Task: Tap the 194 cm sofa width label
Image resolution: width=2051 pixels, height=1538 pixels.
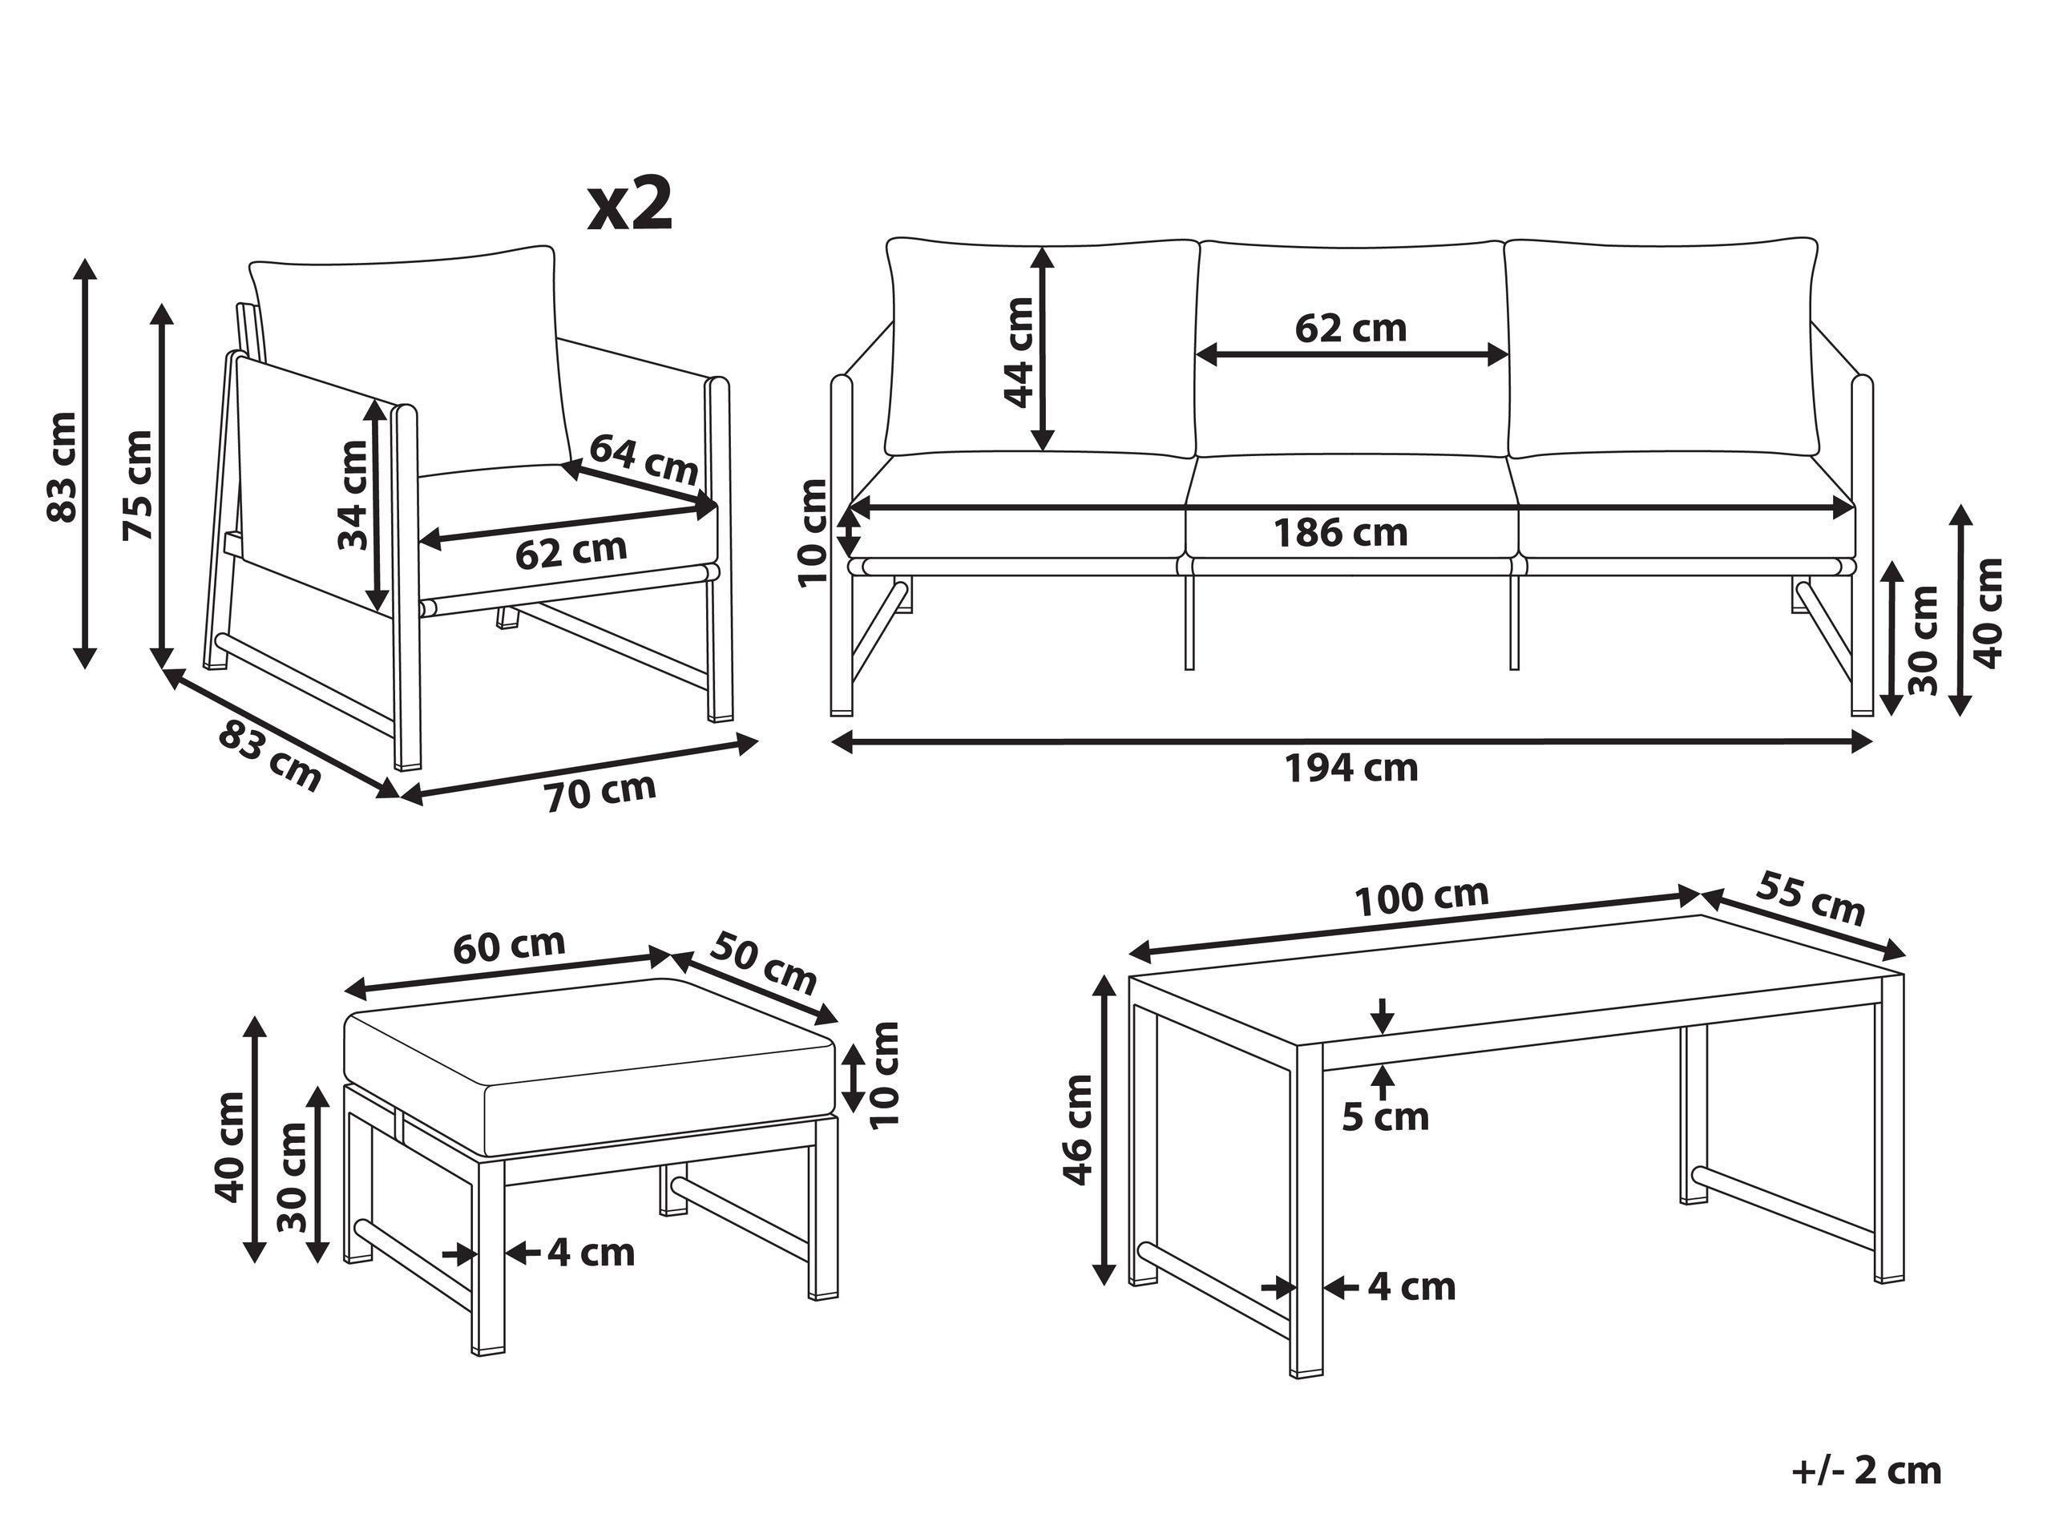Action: pyautogui.click(x=1351, y=769)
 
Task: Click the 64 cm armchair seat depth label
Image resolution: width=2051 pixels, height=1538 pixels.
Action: pyautogui.click(x=644, y=460)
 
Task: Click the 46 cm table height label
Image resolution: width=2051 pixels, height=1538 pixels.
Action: pyautogui.click(x=1078, y=1129)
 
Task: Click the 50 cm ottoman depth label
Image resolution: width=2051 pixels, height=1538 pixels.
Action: pyautogui.click(x=764, y=963)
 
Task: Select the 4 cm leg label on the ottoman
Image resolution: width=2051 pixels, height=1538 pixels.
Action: pyautogui.click(x=591, y=1253)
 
